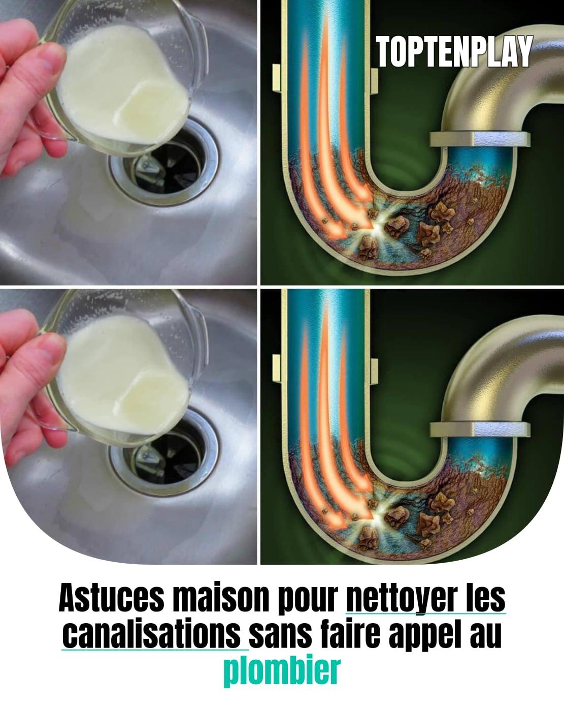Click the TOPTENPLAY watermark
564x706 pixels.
454,51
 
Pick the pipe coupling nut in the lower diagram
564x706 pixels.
480,429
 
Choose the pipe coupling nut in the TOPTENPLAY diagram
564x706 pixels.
480,139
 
